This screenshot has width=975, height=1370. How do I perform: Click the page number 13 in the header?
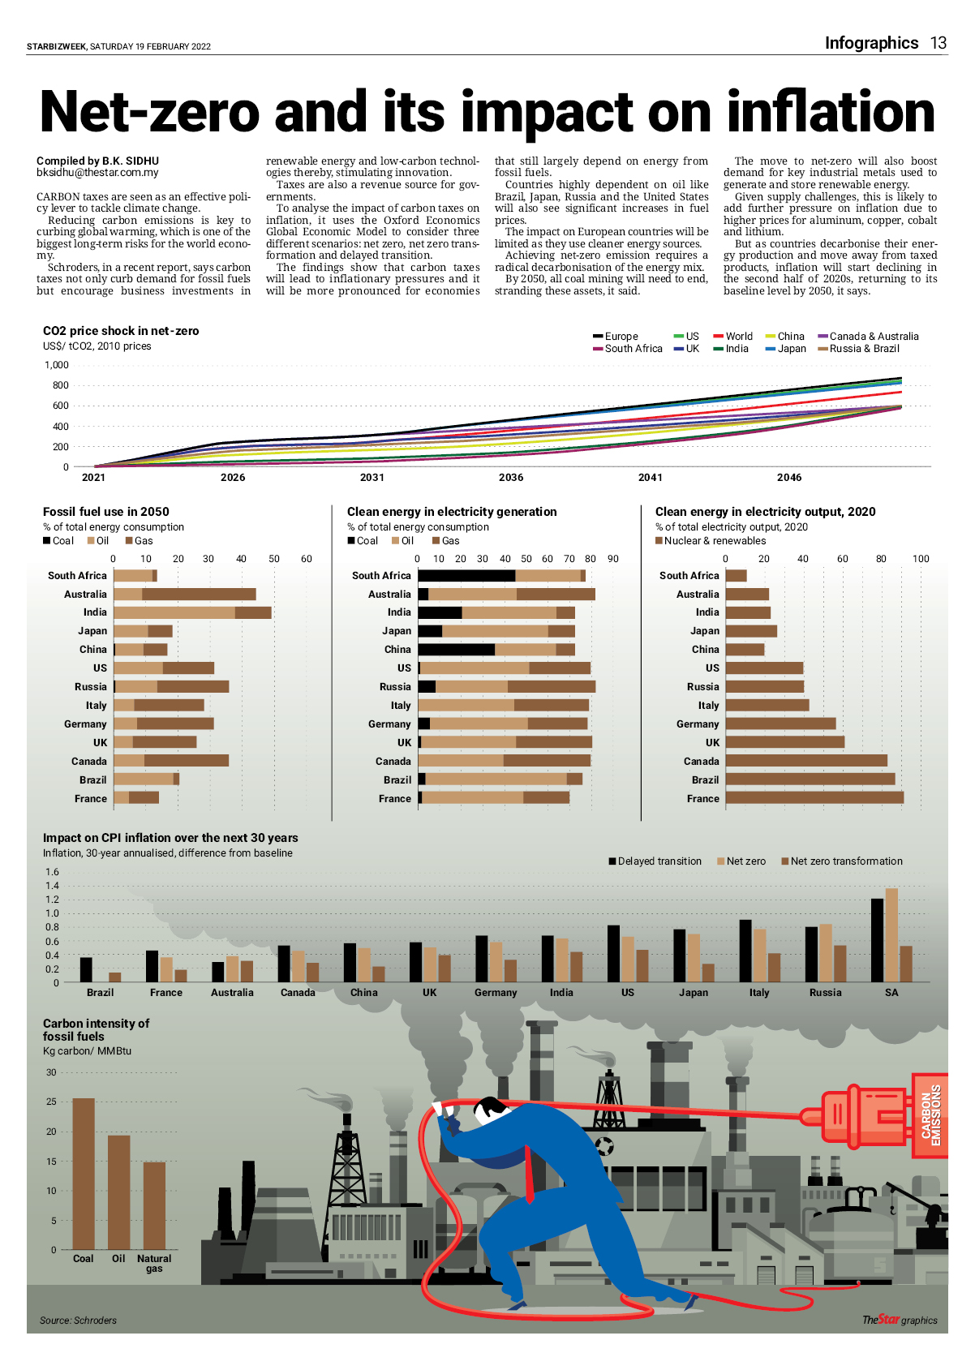938,43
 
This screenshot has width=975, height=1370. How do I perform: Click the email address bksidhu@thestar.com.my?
97,173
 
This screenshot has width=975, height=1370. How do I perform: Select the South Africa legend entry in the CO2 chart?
628,349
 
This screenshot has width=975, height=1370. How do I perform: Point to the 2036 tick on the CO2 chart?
511,477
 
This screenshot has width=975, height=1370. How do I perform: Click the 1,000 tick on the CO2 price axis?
57,365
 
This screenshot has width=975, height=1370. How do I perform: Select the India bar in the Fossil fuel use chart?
192,612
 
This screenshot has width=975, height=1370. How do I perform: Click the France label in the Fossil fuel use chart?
91,799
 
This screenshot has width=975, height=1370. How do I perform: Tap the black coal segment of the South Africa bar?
466,576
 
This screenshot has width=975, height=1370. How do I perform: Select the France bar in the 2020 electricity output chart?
814,798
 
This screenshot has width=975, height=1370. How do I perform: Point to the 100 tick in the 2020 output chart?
921,559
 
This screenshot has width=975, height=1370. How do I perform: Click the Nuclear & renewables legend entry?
711,541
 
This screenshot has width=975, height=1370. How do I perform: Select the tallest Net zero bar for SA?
891,935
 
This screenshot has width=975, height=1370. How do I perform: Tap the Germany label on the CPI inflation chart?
496,993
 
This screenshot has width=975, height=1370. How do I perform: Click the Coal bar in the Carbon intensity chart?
84,1174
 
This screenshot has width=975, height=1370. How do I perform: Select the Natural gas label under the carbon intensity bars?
154,1263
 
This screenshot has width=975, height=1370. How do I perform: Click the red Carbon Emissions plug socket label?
930,1115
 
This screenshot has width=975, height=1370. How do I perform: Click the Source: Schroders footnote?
78,1321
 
